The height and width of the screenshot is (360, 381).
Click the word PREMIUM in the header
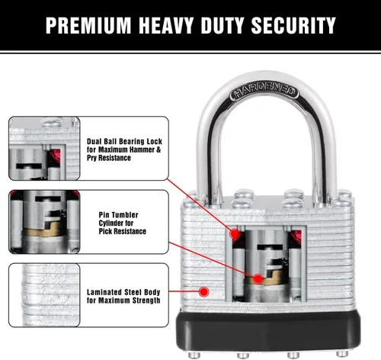[88, 25]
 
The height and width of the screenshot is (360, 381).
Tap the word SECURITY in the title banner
[293, 25]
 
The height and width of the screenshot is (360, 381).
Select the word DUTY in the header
[223, 25]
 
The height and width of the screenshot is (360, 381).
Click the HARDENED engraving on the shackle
[264, 92]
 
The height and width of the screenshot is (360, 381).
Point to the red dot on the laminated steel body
[203, 291]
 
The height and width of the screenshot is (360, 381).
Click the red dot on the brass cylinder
[258, 279]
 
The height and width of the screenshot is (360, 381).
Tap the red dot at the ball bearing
[235, 233]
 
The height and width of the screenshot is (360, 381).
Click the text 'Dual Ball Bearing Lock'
[124, 141]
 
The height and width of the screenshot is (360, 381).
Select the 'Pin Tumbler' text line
[118, 215]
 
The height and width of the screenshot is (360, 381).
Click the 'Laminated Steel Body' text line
[123, 292]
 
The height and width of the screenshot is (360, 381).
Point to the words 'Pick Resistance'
[123, 231]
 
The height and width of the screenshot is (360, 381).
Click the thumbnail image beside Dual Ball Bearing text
[44, 149]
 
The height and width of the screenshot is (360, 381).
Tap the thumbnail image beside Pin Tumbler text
[44, 222]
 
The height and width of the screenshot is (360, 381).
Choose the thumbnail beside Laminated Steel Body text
[44, 295]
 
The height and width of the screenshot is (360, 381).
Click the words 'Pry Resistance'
[109, 158]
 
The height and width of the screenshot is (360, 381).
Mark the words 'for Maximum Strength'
[123, 301]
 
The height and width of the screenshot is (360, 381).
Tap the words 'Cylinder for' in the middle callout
[116, 223]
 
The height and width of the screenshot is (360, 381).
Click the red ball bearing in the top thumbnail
[56, 156]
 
